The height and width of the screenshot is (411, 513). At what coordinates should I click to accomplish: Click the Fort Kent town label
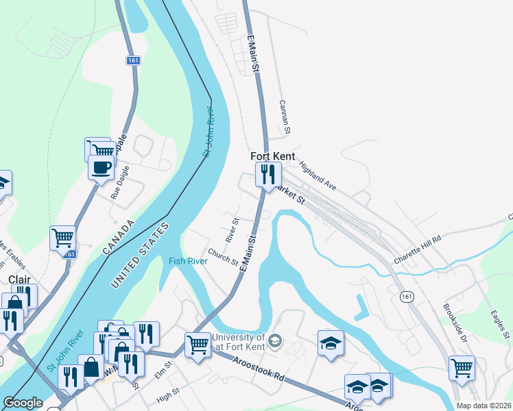[x=273, y=156]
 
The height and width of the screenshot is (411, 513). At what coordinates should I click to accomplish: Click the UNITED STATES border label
[x=139, y=256]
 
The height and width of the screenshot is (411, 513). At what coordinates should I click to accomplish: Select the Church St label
[x=224, y=257]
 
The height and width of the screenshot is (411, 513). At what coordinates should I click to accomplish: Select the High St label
[x=167, y=397]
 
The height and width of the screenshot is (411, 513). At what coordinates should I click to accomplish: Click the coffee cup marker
[x=102, y=166]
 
